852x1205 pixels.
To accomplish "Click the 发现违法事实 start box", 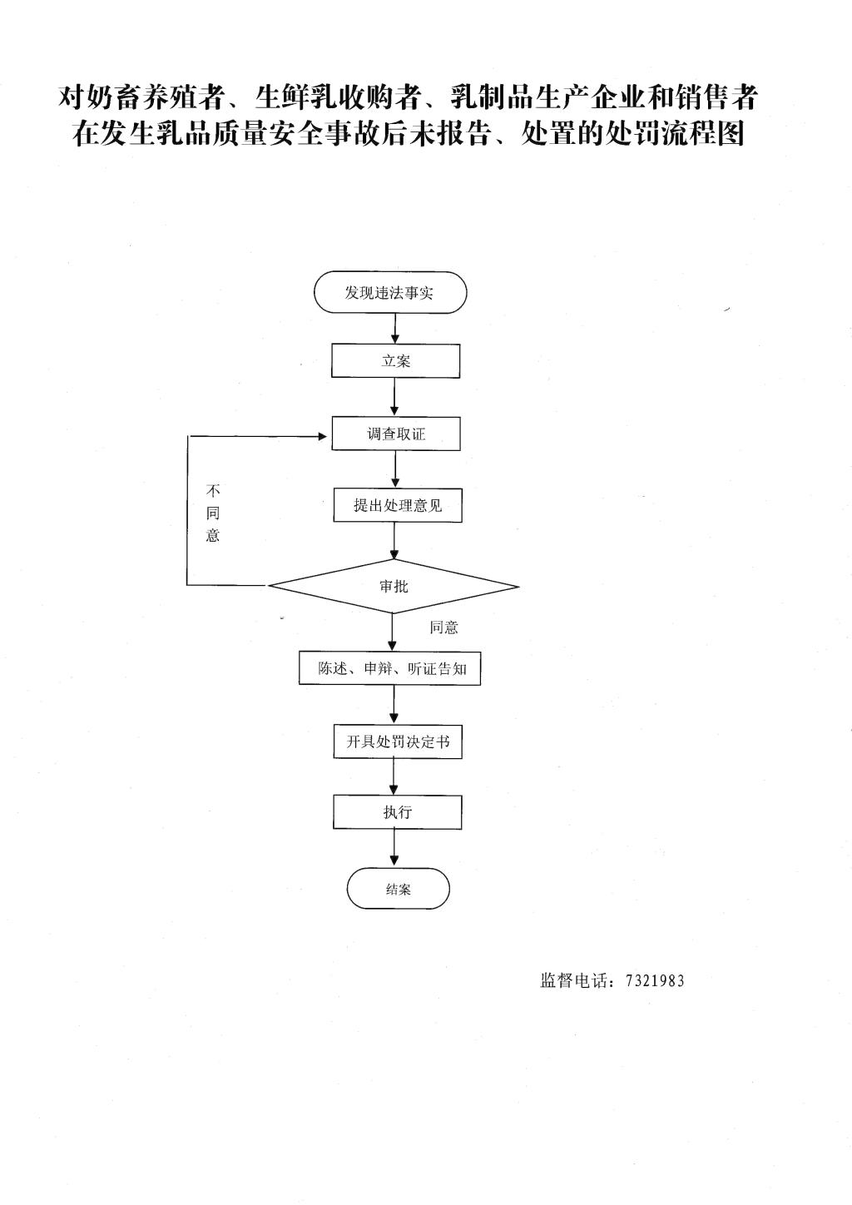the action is click(x=390, y=292).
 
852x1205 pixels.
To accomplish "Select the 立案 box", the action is click(x=395, y=360).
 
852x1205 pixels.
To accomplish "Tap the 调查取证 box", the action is click(x=396, y=434).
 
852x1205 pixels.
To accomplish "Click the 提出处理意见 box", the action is click(x=398, y=505).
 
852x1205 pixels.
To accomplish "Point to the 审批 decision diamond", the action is click(x=394, y=586).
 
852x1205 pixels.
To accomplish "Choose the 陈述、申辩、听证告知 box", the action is click(x=390, y=668).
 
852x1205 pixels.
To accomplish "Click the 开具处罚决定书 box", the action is click(x=398, y=741).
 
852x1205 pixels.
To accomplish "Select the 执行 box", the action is click(x=398, y=811).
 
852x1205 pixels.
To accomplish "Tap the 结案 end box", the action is click(x=398, y=889).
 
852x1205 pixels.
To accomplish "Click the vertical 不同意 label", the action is click(x=213, y=513).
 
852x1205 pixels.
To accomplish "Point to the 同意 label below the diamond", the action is click(x=443, y=627).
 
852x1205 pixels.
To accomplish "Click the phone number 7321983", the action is click(x=655, y=981).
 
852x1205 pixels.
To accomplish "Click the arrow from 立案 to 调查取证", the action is click(x=395, y=397).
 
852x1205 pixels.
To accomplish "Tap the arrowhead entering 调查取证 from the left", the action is click(x=323, y=436).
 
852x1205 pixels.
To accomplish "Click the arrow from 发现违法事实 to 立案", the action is click(x=395, y=329).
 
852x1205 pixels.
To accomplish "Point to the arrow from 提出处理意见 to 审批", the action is click(x=395, y=541).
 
